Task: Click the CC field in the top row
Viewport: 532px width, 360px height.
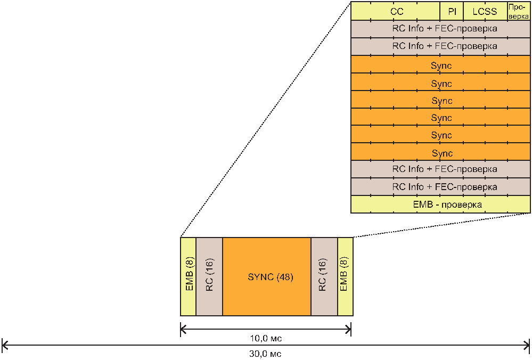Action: [395, 11]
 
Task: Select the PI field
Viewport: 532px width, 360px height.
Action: [452, 11]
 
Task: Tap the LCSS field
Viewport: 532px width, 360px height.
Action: [485, 11]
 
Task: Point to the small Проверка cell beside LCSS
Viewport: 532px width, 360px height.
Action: [518, 11]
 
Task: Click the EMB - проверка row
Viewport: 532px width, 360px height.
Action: [441, 204]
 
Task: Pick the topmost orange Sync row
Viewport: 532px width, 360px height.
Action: [441, 66]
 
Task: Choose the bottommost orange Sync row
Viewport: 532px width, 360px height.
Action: [441, 153]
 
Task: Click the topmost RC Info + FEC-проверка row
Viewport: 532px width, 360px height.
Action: [441, 29]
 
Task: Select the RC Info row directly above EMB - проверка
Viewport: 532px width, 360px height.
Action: [441, 187]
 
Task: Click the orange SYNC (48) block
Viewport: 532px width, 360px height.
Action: [267, 277]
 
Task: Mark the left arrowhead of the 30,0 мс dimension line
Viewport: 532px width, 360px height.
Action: [4, 345]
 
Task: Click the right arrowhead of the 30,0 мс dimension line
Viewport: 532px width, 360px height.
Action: [527, 345]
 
